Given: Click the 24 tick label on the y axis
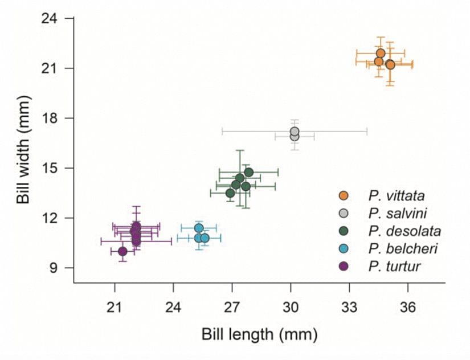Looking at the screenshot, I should [x=49, y=18].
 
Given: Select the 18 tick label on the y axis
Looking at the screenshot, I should [x=49, y=118].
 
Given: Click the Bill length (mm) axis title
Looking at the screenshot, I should [x=259, y=334].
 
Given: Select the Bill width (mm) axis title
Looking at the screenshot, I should [x=23, y=144].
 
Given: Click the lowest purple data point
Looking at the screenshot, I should [x=122, y=251].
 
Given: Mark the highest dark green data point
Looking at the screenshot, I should [x=248, y=172].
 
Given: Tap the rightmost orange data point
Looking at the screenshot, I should [x=390, y=64].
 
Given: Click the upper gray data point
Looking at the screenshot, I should [x=295, y=131].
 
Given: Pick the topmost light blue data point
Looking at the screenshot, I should [x=199, y=228].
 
